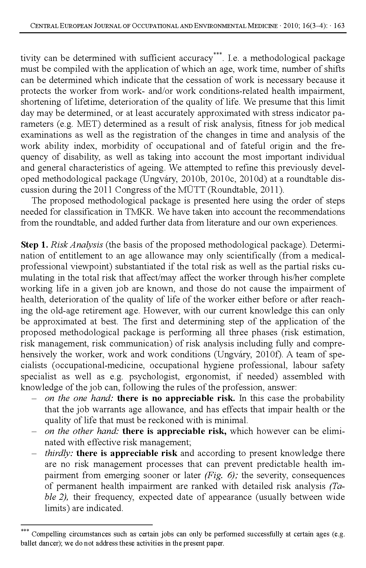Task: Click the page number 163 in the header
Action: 339,26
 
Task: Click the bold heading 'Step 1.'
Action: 35,245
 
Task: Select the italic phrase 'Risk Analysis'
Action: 77,245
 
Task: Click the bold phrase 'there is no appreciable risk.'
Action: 176,398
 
